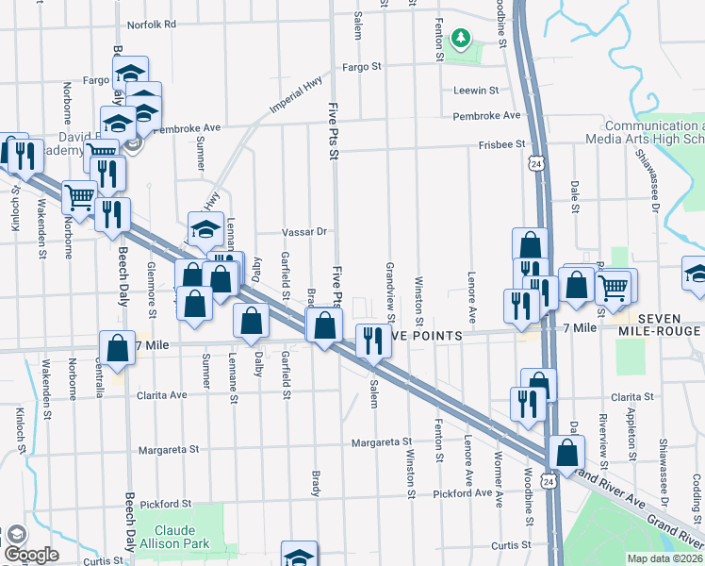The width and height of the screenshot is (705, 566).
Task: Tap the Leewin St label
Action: (x=476, y=91)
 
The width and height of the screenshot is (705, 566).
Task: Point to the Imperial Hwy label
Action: (x=295, y=97)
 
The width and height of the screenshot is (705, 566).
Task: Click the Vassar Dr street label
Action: (x=303, y=231)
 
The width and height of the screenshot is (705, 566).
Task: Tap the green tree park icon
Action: (x=460, y=39)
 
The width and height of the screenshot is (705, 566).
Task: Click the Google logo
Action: (x=31, y=555)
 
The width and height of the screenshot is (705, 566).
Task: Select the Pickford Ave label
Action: (x=463, y=493)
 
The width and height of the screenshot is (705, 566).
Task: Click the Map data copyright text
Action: (x=665, y=558)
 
